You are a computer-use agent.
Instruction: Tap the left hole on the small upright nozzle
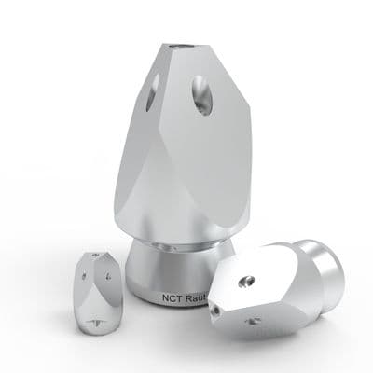[85, 277]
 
